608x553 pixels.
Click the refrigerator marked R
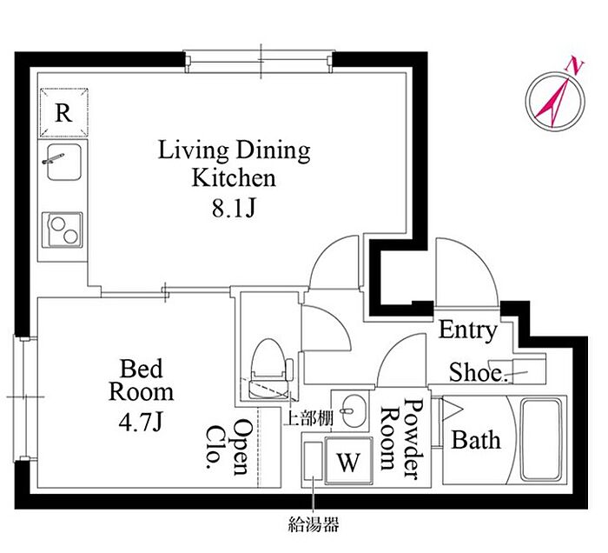(64, 113)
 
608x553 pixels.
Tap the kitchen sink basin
(64, 162)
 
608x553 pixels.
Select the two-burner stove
(62, 230)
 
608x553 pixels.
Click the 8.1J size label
(234, 209)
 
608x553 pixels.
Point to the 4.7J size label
(140, 423)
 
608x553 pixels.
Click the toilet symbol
(271, 369)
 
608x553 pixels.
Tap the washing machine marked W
(348, 460)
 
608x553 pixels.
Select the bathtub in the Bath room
(541, 440)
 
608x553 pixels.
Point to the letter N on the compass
(575, 65)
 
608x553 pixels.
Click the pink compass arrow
(552, 103)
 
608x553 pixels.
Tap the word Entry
(467, 330)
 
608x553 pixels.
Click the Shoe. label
(478, 372)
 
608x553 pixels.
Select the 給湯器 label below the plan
(314, 524)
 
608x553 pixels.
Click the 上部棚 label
(308, 417)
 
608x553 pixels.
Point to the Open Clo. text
(229, 447)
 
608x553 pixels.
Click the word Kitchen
(234, 178)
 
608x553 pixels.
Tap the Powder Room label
(401, 438)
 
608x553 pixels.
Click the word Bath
(476, 441)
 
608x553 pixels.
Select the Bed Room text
(141, 380)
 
